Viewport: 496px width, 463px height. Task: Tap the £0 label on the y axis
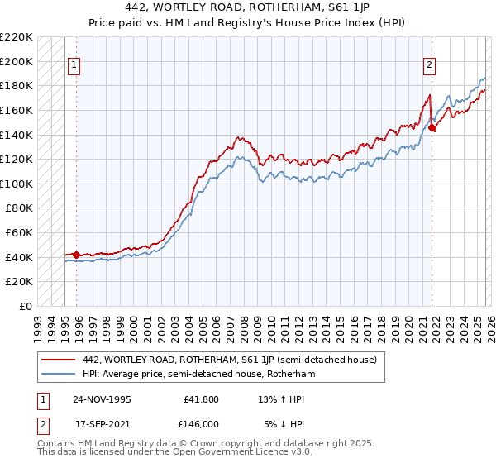[24, 306]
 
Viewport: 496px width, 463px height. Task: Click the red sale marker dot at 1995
[77, 255]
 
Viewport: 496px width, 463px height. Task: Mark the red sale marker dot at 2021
[432, 127]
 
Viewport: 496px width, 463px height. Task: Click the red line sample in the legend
[59, 360]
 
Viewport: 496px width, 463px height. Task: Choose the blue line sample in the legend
[59, 374]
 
